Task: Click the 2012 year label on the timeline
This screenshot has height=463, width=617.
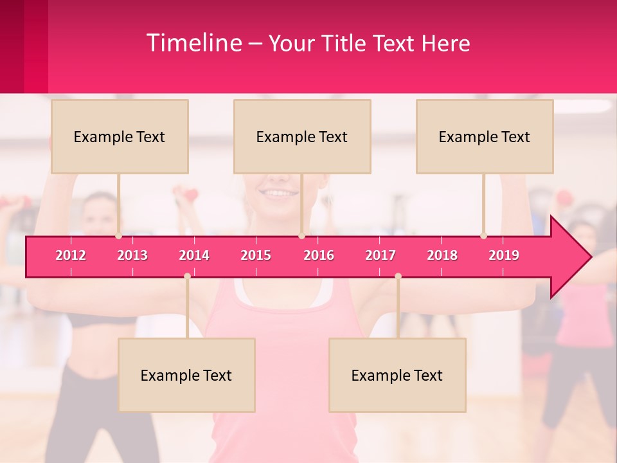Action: [71, 255]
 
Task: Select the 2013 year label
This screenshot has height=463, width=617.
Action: [132, 255]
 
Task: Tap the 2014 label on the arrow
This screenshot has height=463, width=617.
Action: [194, 255]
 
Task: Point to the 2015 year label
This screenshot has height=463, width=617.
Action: [256, 255]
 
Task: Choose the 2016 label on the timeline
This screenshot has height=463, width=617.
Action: [319, 255]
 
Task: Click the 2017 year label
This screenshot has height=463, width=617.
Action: [380, 255]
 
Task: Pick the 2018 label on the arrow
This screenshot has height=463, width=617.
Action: [442, 255]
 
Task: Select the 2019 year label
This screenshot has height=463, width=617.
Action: [504, 255]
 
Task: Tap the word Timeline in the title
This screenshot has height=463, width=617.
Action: [193, 43]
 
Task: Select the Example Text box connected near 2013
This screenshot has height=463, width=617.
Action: [120, 136]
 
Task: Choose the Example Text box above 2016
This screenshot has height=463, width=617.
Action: [302, 136]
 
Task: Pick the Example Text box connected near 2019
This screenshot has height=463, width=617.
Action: [485, 136]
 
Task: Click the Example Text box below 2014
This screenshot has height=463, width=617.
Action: [186, 375]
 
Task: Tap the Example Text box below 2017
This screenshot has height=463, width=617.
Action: [397, 375]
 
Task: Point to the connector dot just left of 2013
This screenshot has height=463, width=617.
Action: [118, 236]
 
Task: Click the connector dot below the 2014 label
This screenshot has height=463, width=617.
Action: [187, 276]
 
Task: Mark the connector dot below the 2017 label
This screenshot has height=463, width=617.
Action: [398, 276]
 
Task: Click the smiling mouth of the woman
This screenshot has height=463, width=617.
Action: [278, 191]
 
